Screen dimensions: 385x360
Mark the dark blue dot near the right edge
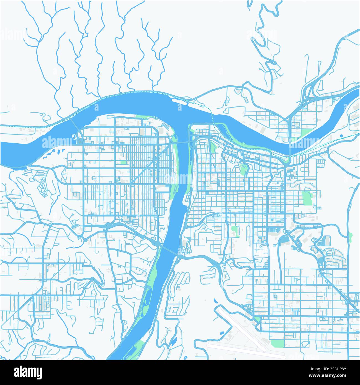point(341,136)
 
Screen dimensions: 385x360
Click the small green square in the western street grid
point(123,162)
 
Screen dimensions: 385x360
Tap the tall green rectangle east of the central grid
point(307,198)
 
